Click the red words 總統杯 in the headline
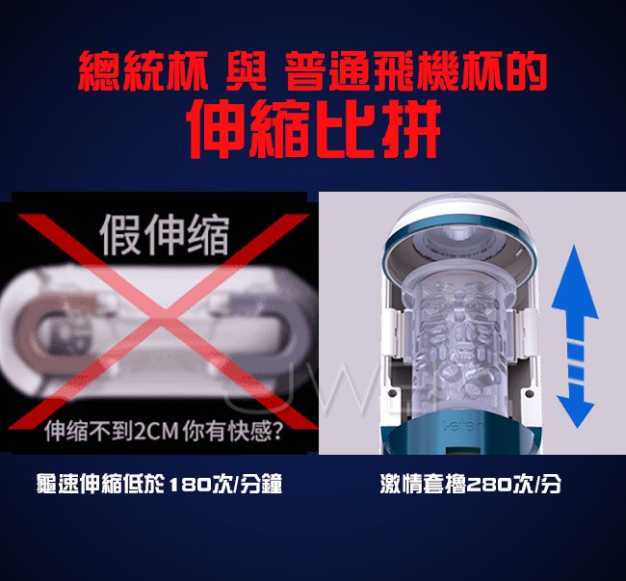tap(143, 71)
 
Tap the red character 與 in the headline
tap(246, 71)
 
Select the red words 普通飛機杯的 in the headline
tap(416, 71)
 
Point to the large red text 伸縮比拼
tap(315, 128)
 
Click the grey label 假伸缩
tap(164, 235)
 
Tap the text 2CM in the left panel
tap(156, 432)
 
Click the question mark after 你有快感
tap(276, 431)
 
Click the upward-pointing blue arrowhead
tap(575, 282)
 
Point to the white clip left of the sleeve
tap(392, 334)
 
